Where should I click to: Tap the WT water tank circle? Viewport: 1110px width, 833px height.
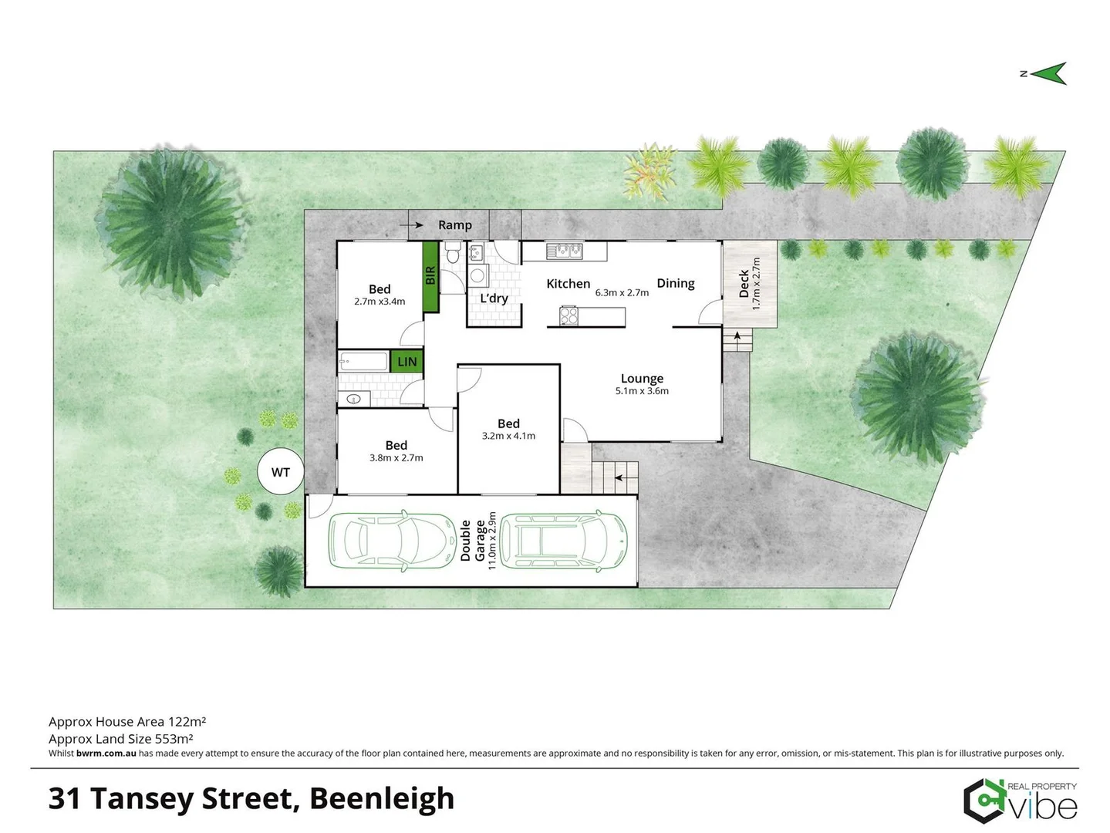(x=280, y=472)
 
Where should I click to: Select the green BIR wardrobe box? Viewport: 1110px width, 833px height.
(x=430, y=277)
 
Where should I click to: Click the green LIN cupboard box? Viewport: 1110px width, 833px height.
(x=407, y=361)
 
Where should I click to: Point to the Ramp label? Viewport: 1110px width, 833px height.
(x=454, y=224)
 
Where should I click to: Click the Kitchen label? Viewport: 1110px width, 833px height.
(x=568, y=283)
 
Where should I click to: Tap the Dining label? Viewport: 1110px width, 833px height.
(x=675, y=283)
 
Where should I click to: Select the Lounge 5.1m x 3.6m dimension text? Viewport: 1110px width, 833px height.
(x=642, y=391)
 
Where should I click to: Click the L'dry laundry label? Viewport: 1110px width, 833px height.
(x=494, y=298)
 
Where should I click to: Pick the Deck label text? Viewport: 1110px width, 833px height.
(x=744, y=283)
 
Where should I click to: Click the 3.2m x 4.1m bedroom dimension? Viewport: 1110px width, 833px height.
(x=508, y=436)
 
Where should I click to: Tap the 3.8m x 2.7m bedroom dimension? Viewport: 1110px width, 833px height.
(x=396, y=457)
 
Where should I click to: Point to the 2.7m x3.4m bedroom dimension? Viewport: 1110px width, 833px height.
(x=380, y=302)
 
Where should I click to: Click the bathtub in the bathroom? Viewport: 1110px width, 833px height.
(x=363, y=361)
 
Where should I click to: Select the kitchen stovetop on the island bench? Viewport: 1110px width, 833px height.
(x=569, y=315)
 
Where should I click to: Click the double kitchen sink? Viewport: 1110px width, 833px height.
(x=564, y=250)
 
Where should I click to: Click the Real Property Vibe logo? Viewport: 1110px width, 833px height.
(x=1020, y=801)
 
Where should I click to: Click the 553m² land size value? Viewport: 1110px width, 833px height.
(x=174, y=738)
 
